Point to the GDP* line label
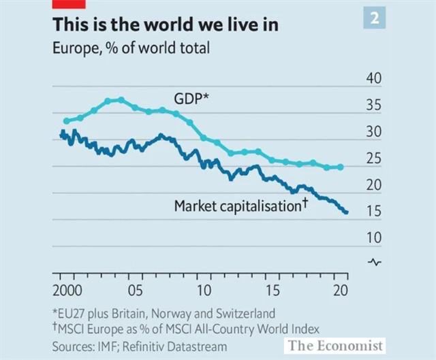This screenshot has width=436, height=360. click(190, 99)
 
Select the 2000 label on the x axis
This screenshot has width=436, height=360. click(67, 291)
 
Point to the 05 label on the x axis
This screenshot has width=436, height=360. click(135, 291)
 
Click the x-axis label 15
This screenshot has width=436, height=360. click(274, 291)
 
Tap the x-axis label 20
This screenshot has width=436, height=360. click(341, 291)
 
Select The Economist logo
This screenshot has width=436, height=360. click(334, 345)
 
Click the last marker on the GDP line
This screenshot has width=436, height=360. click(341, 167)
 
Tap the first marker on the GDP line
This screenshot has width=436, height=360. click(65, 120)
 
